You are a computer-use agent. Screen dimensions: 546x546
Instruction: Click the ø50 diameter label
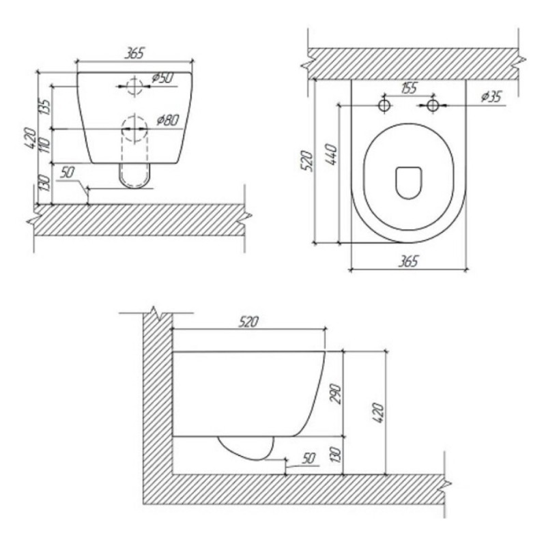[162, 78]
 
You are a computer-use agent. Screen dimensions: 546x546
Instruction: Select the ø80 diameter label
[168, 121]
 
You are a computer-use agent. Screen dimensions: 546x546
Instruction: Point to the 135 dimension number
[45, 107]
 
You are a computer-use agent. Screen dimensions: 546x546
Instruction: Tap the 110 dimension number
[45, 145]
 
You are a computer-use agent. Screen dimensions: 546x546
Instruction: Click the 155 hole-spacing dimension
[408, 88]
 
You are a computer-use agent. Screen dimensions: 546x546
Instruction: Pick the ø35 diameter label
[491, 96]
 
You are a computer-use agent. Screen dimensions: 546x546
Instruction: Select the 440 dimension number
[332, 154]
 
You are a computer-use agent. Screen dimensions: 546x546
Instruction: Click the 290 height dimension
[335, 394]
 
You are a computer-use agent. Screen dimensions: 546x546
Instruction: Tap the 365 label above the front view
[134, 53]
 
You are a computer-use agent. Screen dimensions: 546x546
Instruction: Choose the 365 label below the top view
[408, 261]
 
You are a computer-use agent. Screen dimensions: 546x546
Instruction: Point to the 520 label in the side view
[248, 321]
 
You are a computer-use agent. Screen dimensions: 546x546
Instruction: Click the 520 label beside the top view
[307, 160]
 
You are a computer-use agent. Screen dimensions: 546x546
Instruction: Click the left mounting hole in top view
[384, 105]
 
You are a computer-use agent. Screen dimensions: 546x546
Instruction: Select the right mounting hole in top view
[433, 105]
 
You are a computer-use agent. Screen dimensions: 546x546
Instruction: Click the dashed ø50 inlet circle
[134, 87]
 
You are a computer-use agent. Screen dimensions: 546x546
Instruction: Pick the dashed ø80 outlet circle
[134, 129]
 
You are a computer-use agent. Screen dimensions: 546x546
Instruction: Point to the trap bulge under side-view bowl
[246, 448]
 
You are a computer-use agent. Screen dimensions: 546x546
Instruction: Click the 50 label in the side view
[308, 458]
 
